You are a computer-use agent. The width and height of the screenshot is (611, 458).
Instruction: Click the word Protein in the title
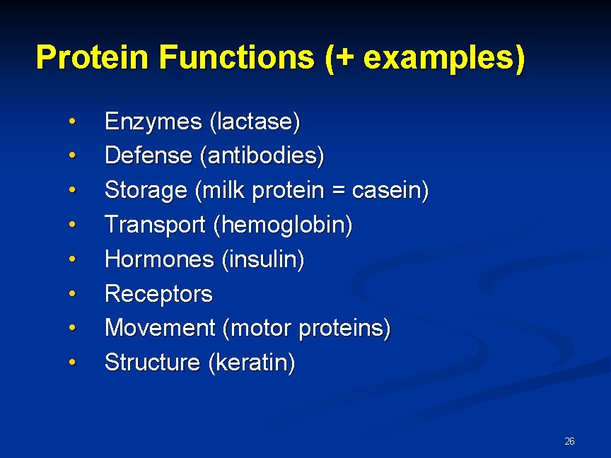(x=93, y=57)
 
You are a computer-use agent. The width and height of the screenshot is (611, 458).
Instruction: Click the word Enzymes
(x=153, y=122)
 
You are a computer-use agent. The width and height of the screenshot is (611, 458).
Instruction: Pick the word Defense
(x=149, y=155)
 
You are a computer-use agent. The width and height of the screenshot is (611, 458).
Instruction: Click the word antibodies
(x=262, y=155)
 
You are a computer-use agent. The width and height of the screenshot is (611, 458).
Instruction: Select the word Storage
(x=146, y=190)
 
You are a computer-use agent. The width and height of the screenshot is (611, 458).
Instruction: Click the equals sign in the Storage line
(x=335, y=191)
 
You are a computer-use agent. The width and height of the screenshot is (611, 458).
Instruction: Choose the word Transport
(x=155, y=225)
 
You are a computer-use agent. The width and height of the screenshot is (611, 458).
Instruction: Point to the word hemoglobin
(x=283, y=225)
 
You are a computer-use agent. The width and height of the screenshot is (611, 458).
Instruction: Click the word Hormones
(x=158, y=259)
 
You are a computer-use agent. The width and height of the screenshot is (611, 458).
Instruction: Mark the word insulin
(x=263, y=259)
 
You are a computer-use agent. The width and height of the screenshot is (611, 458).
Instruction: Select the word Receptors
(x=158, y=293)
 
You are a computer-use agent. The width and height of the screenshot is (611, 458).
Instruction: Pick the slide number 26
(x=569, y=441)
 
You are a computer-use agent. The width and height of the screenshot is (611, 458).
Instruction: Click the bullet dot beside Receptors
(x=72, y=293)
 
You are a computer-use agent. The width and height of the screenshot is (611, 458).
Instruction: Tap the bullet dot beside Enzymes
(x=72, y=122)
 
